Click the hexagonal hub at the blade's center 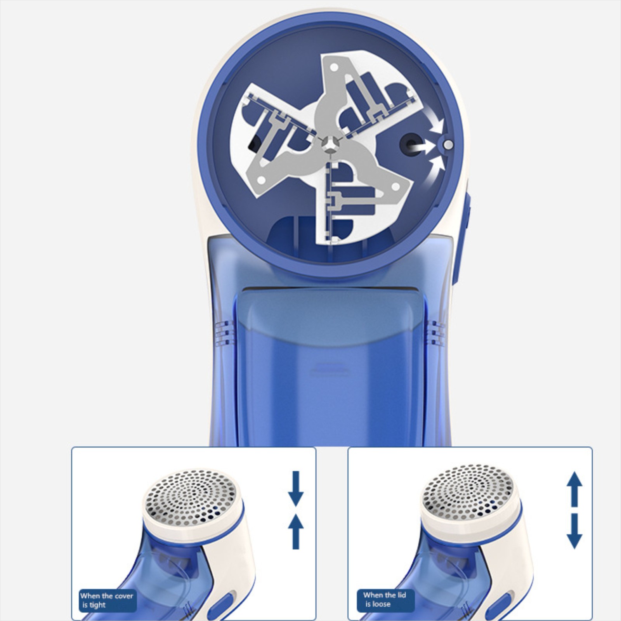coord(330,144)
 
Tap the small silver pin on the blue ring coord(448,145)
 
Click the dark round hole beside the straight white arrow coord(409,145)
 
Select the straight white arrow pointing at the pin coord(423,147)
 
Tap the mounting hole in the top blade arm coord(332,67)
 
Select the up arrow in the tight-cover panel coord(296,531)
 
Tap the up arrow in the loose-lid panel coord(574,489)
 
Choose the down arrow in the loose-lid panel coord(574,531)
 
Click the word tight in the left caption coord(97,605)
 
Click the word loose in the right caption coord(381,604)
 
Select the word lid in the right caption coord(401,595)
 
